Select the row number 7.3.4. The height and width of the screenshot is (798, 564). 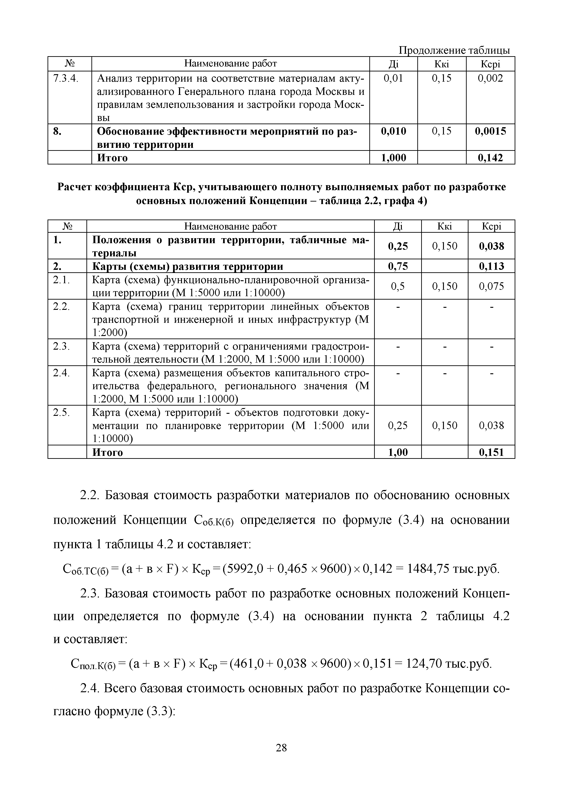66,78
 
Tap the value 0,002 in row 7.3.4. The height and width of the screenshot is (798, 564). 490,78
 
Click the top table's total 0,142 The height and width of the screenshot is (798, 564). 490,158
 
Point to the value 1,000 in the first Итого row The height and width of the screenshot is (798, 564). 393,158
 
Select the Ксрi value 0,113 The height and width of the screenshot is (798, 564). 491,266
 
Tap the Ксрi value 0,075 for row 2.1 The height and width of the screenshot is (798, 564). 491,286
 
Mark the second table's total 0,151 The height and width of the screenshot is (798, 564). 491,452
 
